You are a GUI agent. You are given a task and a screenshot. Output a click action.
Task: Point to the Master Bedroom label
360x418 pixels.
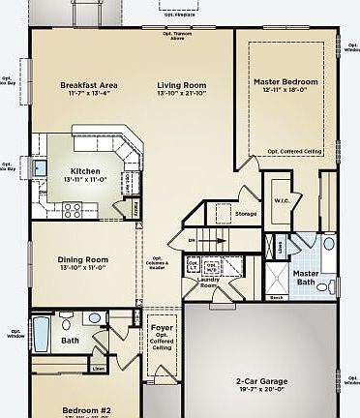click(x=287, y=82)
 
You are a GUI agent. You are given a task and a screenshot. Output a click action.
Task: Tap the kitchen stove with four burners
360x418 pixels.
click(x=73, y=208)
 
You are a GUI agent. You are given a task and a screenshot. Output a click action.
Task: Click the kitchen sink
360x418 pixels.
click(x=39, y=171)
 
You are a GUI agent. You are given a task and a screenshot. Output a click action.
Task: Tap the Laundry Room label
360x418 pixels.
click(x=207, y=284)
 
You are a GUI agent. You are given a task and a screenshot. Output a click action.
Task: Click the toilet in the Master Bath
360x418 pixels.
click(x=331, y=286)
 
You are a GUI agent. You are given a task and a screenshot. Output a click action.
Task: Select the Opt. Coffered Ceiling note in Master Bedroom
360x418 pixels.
click(x=295, y=151)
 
